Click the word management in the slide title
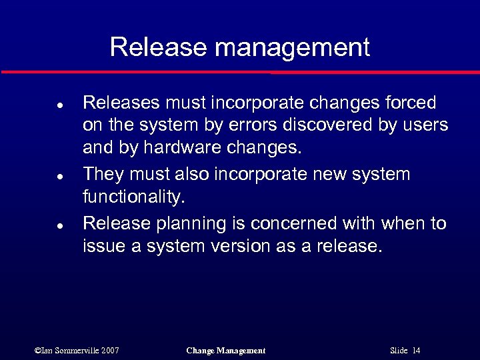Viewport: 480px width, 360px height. pos(292,48)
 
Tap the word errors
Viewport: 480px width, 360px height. pos(250,126)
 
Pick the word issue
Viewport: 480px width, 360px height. pos(103,246)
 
